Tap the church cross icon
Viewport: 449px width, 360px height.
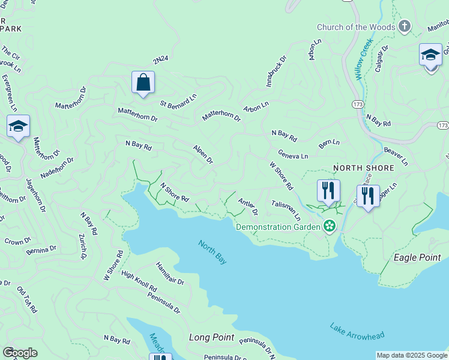(x=405, y=26)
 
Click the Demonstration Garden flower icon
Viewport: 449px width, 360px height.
(x=328, y=226)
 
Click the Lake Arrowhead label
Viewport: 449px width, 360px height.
(x=357, y=331)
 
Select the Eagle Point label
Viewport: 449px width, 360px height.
(x=417, y=257)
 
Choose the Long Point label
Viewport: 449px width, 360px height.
(x=211, y=337)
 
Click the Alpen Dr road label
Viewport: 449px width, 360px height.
(x=203, y=154)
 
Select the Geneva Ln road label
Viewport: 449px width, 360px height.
(x=293, y=155)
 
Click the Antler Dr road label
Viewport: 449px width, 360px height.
(x=247, y=206)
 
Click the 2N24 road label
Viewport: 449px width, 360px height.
(x=160, y=60)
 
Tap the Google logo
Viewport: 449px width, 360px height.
(x=20, y=353)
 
